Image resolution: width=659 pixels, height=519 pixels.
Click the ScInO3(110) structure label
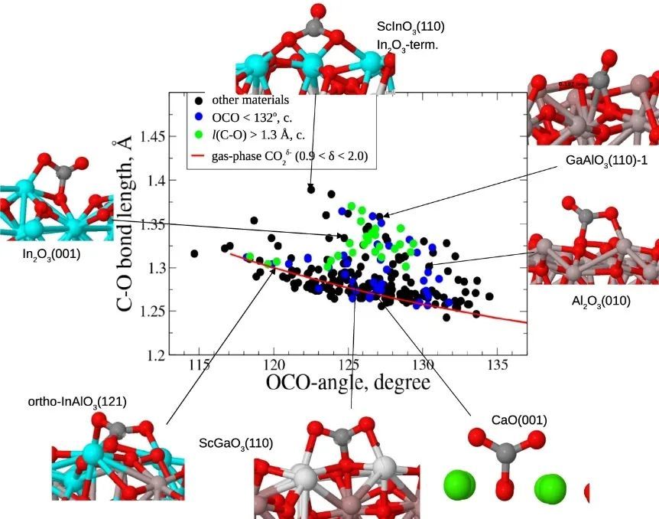pos(411,27)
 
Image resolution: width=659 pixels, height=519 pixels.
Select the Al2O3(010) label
pos(601,301)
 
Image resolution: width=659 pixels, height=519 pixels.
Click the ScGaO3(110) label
pos(236,442)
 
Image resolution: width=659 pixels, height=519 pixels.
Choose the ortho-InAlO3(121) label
pos(76,401)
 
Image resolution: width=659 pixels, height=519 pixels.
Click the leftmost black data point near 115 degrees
pos(195,253)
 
